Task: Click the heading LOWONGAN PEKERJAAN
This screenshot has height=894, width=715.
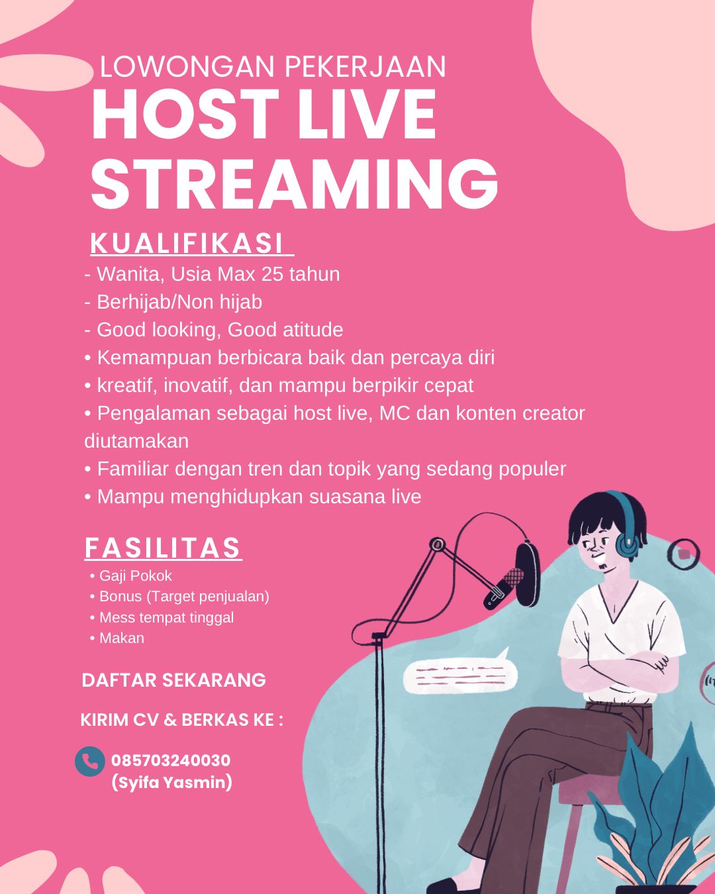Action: (273, 66)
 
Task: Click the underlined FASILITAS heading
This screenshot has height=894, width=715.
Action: (162, 548)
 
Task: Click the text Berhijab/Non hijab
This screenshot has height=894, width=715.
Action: (179, 302)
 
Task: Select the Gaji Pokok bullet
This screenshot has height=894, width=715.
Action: (131, 576)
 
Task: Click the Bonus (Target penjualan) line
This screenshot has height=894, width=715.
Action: (179, 597)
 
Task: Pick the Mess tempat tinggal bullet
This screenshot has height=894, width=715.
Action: (162, 617)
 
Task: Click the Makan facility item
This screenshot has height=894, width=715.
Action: (117, 638)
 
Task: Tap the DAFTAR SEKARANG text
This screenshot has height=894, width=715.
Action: (173, 681)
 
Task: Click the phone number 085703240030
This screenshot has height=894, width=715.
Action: (171, 760)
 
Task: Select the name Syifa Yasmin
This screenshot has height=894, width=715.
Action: (171, 783)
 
